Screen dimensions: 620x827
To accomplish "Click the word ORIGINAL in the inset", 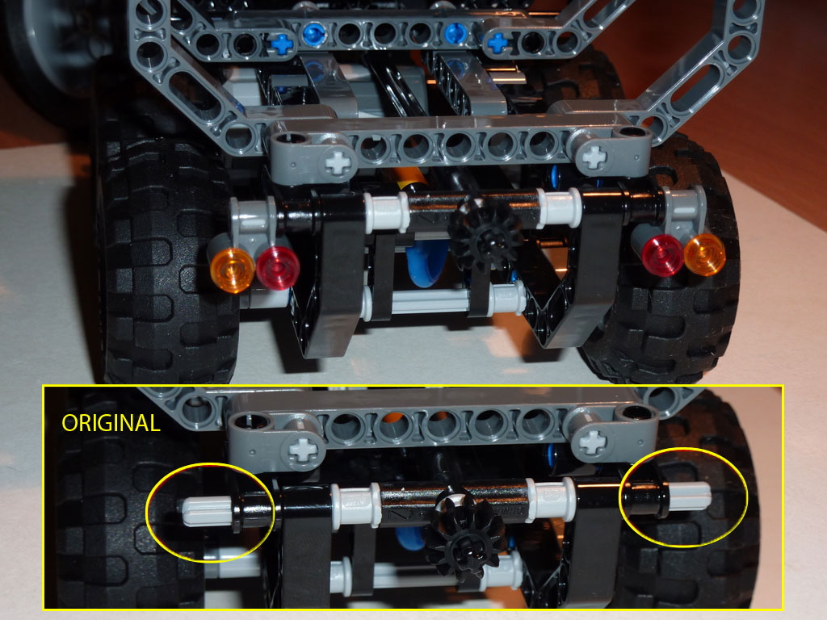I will (x=111, y=423).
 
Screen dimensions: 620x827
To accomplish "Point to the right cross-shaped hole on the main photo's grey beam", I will (x=594, y=157).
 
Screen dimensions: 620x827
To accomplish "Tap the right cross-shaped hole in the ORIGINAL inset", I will (x=594, y=440).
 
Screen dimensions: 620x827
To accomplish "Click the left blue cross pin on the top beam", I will (x=281, y=44).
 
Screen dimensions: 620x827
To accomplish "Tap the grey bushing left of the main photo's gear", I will (x=383, y=209).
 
